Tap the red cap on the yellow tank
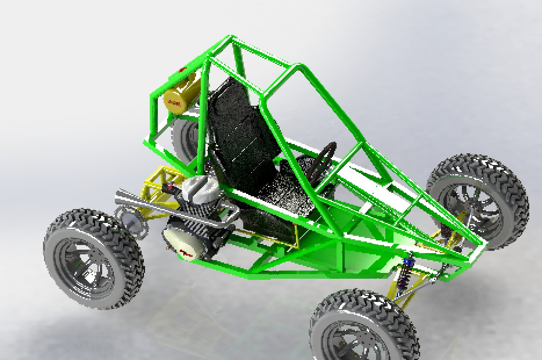[x=183, y=71]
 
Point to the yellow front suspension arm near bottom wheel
[x=406, y=290]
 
